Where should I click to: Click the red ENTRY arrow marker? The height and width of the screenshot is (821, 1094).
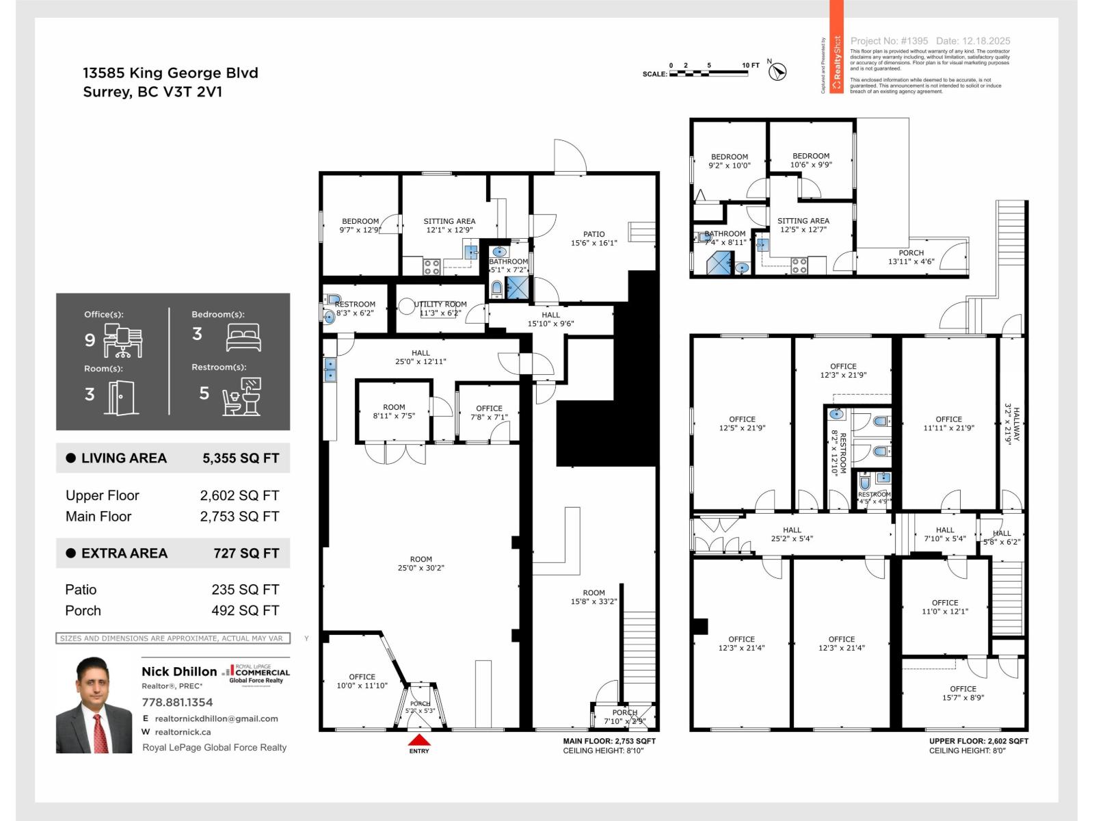(419, 740)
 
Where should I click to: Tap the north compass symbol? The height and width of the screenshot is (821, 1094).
(777, 71)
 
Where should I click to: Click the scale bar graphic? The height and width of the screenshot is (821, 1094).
(708, 73)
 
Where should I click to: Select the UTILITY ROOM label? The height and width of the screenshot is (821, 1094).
(440, 309)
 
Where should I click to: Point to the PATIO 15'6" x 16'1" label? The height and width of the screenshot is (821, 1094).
(593, 238)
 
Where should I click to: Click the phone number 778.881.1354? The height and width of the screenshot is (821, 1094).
(177, 702)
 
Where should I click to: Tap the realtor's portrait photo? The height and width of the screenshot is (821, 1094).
(94, 705)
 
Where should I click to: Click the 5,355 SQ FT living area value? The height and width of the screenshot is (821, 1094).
(241, 458)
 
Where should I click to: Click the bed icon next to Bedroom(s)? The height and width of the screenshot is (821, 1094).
(243, 337)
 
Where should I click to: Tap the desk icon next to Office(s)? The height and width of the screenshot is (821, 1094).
(123, 341)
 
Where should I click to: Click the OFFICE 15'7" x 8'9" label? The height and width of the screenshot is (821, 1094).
(962, 693)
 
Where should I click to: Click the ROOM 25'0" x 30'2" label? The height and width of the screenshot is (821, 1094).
(421, 563)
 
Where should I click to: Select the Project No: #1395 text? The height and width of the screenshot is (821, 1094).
(889, 41)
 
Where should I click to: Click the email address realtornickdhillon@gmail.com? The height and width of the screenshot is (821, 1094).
(216, 718)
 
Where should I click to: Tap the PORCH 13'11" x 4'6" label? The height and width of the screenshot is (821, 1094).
(911, 257)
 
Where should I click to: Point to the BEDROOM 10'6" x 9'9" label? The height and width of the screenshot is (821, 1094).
(810, 160)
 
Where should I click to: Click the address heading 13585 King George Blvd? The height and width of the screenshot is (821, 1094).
(170, 73)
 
